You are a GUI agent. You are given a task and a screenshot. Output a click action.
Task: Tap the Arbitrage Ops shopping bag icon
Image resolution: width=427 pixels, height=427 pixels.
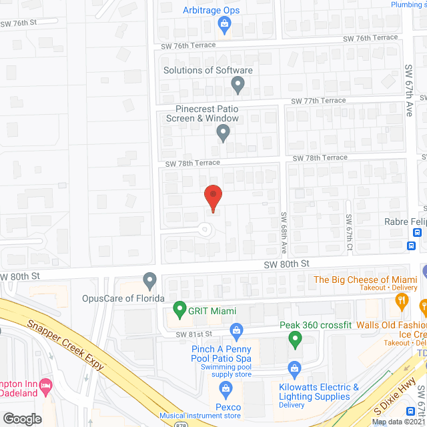[x=224, y=26]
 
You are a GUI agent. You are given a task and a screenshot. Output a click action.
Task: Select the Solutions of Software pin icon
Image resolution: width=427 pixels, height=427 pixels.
[x=238, y=85]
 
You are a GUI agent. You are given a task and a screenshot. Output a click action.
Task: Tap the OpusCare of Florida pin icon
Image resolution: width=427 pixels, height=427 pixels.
[x=149, y=280]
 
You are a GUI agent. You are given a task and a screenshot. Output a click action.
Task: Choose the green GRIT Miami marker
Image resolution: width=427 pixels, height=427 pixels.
[x=179, y=310]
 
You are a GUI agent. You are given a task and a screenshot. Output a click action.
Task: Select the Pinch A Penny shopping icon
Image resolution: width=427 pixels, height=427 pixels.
[x=236, y=330]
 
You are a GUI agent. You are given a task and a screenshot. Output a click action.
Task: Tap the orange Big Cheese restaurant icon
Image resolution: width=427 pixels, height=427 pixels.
[x=402, y=301]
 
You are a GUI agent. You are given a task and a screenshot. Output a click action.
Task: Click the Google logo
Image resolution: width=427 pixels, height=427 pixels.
[x=22, y=418]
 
